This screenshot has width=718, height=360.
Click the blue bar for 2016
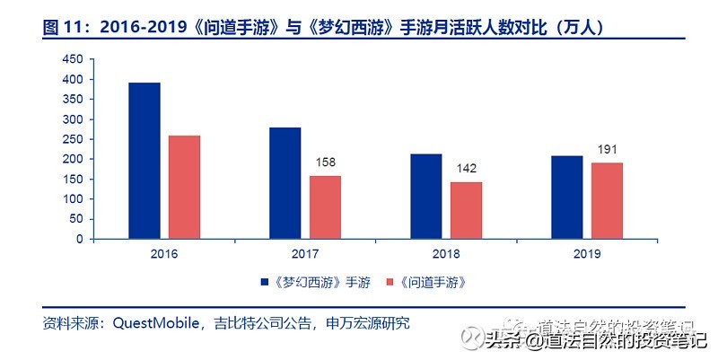coord(144,162)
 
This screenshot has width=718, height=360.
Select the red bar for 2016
coord(184,188)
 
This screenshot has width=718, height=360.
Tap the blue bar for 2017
coord(285,184)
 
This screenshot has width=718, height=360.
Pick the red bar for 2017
coord(325,207)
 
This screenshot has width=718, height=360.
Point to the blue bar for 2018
coord(426,197)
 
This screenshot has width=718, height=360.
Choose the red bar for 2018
coord(466,211)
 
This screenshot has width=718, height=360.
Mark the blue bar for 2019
coord(566,198)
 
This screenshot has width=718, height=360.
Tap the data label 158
coord(325,163)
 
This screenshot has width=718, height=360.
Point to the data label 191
coord(607,150)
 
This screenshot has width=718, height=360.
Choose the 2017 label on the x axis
coord(305,254)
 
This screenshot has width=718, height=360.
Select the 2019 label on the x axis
coord(586,254)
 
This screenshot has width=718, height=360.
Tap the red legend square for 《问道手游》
coord(390,282)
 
